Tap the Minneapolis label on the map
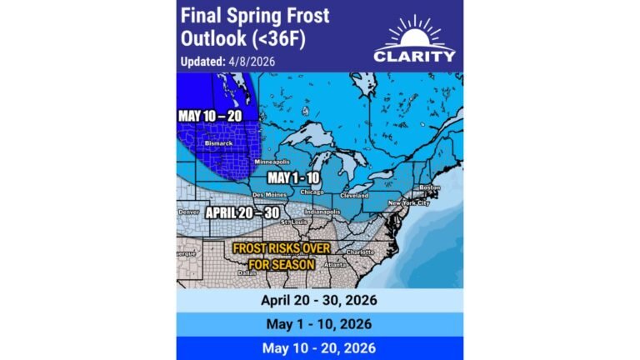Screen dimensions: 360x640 click(x=271, y=161)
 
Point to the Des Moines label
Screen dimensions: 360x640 click(x=267, y=194)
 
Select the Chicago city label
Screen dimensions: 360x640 click(x=312, y=192)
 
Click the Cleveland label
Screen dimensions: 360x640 click(x=353, y=195)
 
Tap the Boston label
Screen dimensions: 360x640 click(x=431, y=187)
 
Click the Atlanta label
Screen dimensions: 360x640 click(x=336, y=266)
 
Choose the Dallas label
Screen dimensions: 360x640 click(x=246, y=272)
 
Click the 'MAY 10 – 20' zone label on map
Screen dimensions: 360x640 click(x=209, y=115)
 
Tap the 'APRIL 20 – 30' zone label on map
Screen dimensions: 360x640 click(x=242, y=212)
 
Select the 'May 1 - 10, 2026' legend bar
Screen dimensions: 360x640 click(x=320, y=323)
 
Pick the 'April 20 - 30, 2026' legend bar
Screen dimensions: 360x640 click(x=320, y=301)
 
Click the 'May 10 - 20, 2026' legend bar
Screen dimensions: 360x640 click(x=320, y=347)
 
